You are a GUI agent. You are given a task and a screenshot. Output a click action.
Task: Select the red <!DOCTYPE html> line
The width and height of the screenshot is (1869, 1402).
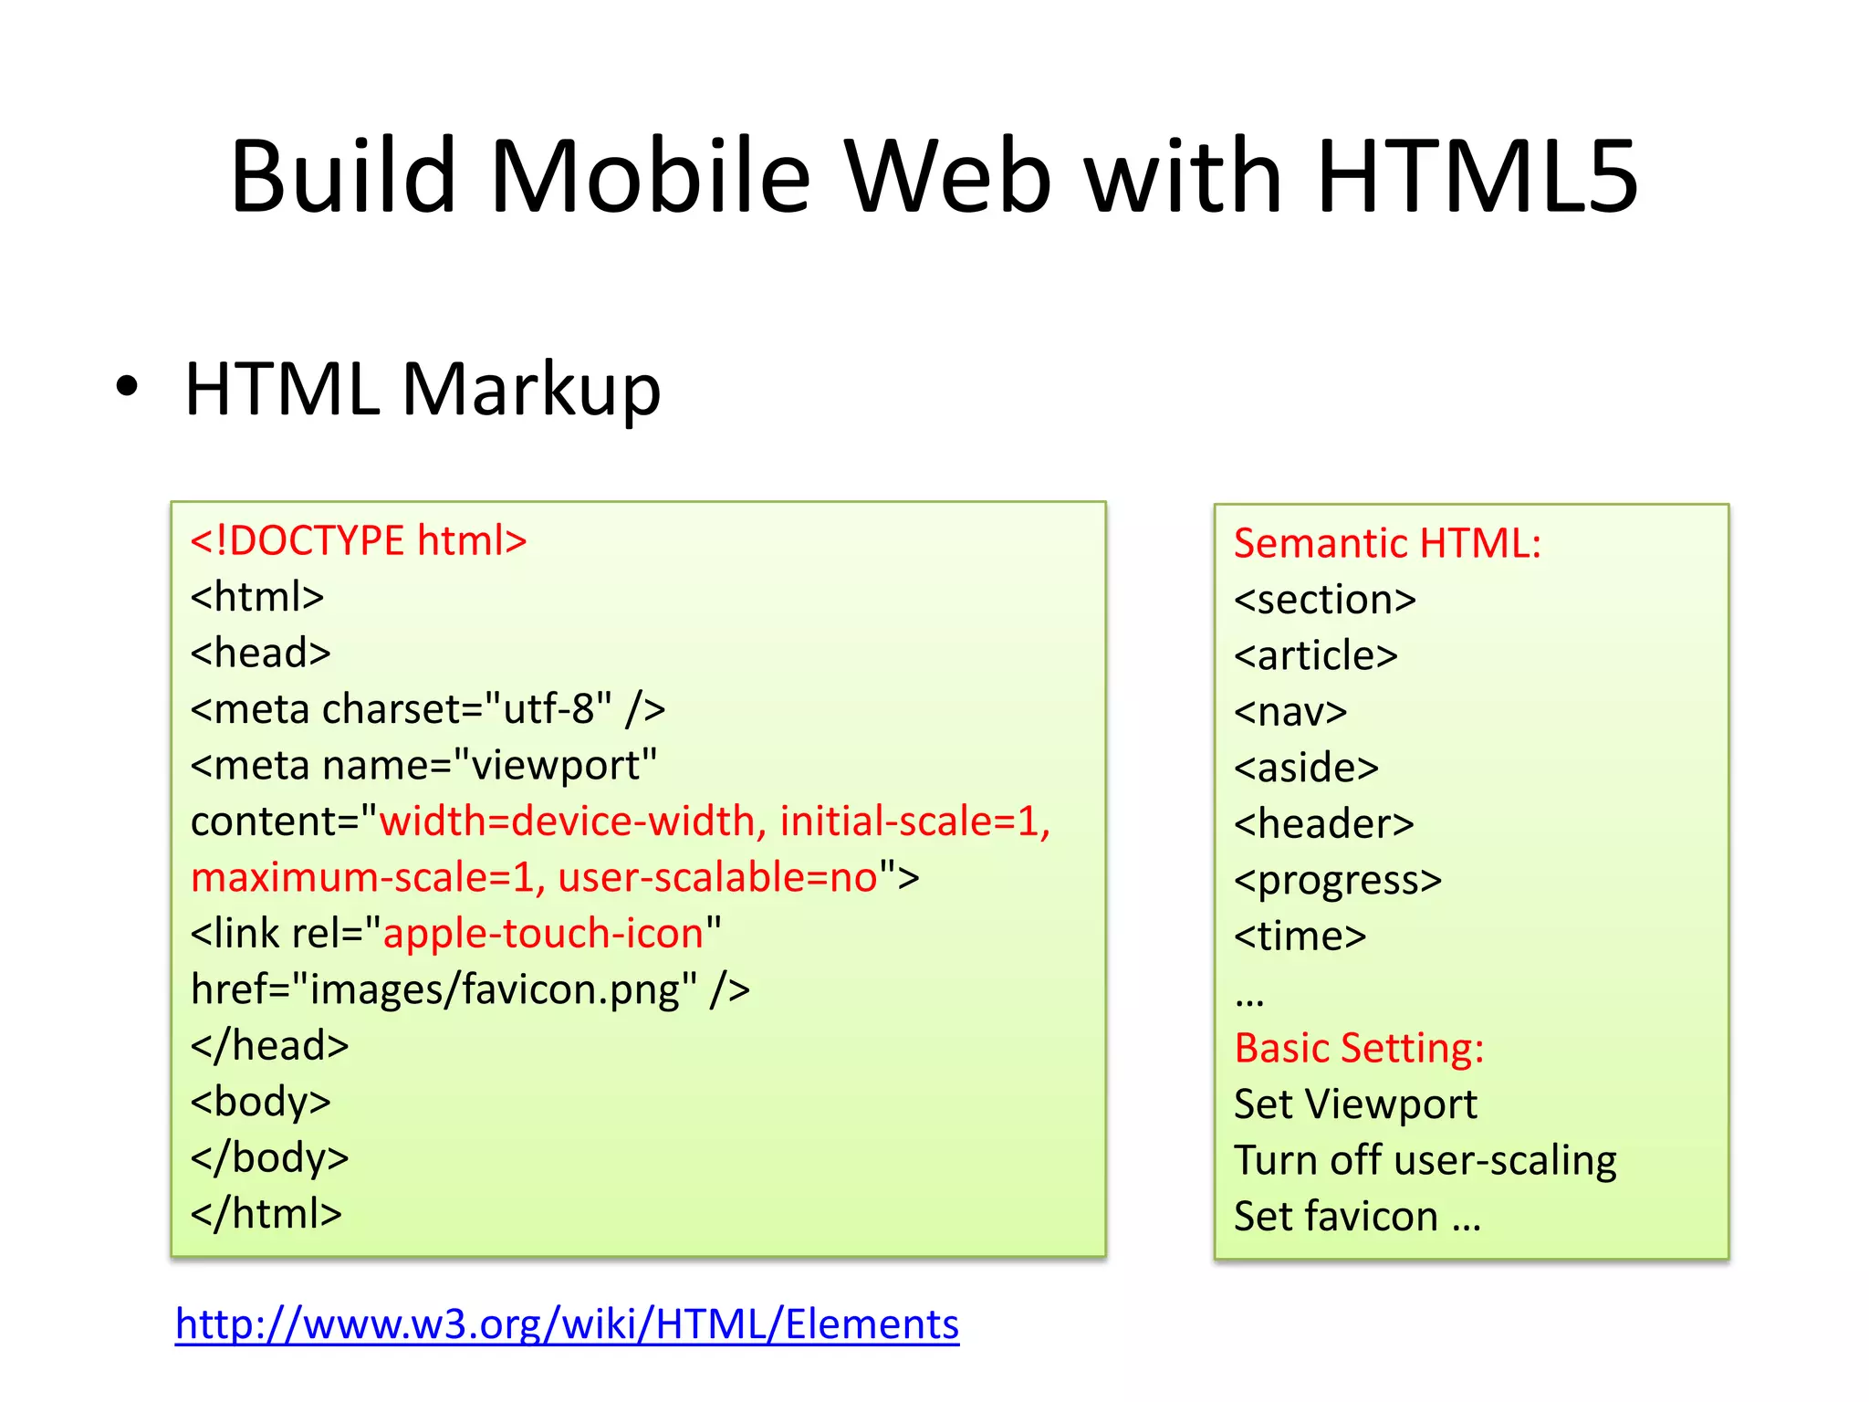(359, 540)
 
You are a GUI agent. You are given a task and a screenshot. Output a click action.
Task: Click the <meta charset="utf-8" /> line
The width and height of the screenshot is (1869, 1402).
(427, 709)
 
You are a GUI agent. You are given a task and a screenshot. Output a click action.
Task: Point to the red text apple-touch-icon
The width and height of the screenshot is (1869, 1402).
(543, 934)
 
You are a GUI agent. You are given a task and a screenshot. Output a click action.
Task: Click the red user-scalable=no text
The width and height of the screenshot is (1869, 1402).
(717, 877)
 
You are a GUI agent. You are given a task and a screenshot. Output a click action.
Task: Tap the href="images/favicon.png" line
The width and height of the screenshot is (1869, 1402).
(470, 989)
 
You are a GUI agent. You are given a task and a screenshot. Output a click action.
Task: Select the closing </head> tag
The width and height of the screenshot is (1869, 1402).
(269, 1046)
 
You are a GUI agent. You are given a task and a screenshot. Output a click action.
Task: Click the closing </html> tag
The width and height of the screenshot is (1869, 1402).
(266, 1214)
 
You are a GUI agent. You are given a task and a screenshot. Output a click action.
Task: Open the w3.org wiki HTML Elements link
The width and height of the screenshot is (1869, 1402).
(567, 1324)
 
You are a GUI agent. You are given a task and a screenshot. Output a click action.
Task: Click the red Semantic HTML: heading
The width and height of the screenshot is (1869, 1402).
(1387, 543)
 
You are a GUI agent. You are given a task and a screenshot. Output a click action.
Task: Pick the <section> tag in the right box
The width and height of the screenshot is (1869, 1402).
(1325, 600)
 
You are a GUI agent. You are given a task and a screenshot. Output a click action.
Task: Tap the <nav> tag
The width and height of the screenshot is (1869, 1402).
(1290, 712)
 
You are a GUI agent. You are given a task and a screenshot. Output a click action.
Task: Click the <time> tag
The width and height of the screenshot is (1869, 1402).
(1300, 936)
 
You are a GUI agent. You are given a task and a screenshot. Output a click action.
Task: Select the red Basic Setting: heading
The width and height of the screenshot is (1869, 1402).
(1359, 1048)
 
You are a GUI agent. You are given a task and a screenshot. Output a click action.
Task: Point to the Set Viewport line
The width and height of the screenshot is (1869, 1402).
(1355, 1104)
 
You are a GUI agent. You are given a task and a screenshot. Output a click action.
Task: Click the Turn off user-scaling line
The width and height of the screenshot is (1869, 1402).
(1425, 1161)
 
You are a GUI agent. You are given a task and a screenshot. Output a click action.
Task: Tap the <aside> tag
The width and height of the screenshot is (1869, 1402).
(1306, 769)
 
